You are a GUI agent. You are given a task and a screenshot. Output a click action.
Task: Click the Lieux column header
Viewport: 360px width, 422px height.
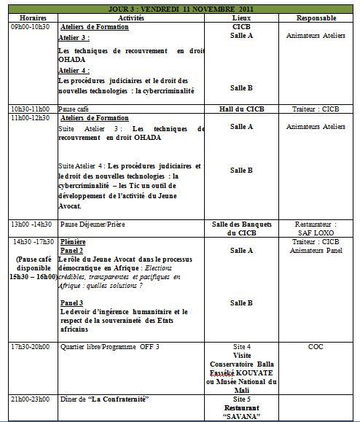(241, 16)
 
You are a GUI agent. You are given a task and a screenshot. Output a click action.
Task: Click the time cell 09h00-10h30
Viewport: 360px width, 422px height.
(30, 26)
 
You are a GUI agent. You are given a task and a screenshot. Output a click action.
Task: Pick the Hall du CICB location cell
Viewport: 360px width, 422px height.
(241, 108)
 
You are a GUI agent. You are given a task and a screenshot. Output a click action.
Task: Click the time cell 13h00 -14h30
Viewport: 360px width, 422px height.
(31, 224)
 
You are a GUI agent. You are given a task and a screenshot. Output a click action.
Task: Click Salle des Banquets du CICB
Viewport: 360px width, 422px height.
(241, 228)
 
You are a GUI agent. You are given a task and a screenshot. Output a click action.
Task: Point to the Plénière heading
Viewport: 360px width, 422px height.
(73, 241)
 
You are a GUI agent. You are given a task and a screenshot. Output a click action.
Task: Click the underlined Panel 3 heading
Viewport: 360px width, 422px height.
(71, 302)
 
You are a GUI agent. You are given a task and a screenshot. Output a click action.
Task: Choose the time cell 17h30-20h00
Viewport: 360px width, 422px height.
(30, 346)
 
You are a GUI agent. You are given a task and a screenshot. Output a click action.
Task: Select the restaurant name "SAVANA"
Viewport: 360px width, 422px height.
(241, 416)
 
